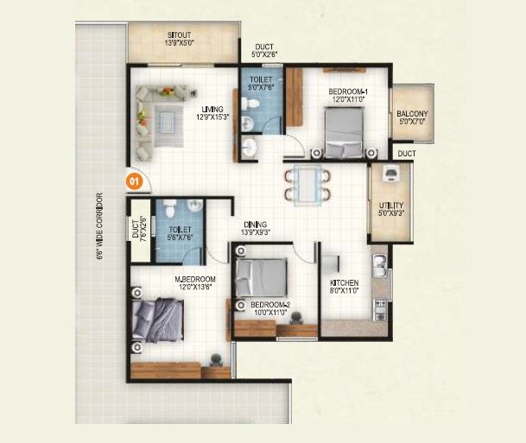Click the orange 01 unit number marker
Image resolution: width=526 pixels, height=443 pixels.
tap(134, 181)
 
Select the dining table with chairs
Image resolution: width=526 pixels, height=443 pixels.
tap(307, 183)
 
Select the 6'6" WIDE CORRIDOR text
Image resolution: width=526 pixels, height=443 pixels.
tap(100, 225)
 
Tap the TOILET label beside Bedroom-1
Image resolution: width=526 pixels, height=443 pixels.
tap(260, 82)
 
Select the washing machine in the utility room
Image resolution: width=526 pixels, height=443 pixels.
tap(390, 174)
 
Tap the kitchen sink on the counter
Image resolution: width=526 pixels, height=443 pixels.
tap(377, 262)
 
